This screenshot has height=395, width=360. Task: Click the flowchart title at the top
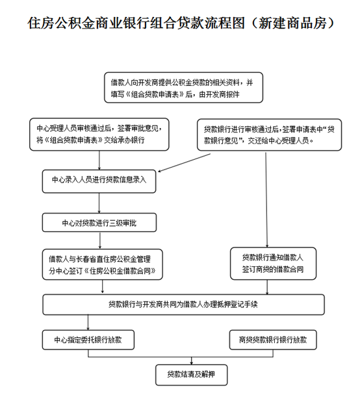coord(181,23)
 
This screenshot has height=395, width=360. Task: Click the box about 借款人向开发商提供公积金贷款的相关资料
coord(183,88)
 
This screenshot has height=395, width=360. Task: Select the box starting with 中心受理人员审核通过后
coord(99,134)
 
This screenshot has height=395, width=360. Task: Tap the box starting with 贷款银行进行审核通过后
coord(269,134)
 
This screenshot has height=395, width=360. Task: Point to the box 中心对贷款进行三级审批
coord(99,223)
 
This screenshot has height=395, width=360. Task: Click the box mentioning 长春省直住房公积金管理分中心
coord(102,264)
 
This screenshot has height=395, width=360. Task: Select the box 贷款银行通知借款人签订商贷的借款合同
coord(273,264)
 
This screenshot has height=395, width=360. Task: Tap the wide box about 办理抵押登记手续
coord(183,305)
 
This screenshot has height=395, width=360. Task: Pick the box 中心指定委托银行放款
coord(88,340)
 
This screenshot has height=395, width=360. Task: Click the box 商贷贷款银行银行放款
coord(273,340)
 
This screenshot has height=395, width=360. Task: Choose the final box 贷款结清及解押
coord(192,375)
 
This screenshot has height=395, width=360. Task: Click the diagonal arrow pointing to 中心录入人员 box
coord(184,163)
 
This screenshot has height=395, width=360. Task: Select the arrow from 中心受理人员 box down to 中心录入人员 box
coord(99,160)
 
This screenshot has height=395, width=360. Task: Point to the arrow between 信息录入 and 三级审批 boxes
coord(99,203)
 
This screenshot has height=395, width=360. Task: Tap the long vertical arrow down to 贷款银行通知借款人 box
coord(266,199)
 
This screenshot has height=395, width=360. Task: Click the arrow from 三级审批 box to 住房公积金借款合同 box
coord(100,240)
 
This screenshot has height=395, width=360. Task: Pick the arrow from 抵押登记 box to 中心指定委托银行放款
coord(88,322)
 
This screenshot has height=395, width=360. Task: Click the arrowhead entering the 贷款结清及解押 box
coord(192,363)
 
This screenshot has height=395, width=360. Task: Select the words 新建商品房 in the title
coord(292,23)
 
